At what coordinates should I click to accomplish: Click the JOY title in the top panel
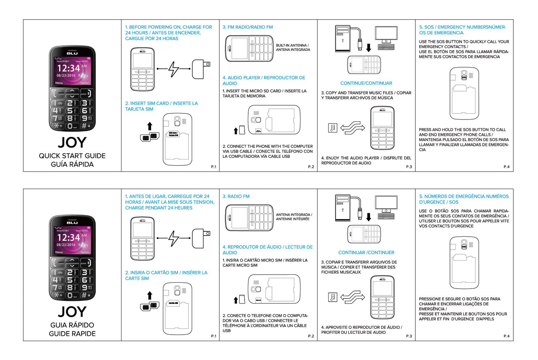click(72, 143)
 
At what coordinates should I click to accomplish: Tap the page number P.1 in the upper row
click(214, 167)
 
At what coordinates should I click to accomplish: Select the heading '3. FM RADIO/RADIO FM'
click(248, 27)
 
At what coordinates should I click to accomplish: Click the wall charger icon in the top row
click(201, 69)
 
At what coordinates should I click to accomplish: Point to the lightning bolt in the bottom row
click(174, 238)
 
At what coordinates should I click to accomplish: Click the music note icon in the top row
click(332, 128)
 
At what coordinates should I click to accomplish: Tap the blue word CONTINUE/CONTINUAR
click(366, 83)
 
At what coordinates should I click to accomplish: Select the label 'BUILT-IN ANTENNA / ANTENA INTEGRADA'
click(293, 48)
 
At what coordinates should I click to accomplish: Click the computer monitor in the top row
click(386, 35)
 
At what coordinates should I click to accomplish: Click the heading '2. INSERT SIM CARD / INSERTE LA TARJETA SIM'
click(161, 106)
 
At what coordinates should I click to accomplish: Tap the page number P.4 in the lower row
click(506, 336)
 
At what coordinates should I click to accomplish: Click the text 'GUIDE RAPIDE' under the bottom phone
click(72, 333)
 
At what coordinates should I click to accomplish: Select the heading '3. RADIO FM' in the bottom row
click(236, 196)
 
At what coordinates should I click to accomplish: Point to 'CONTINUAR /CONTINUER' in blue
click(366, 252)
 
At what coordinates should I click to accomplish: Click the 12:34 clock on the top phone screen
click(69, 68)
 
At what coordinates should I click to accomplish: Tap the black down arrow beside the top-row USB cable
click(369, 48)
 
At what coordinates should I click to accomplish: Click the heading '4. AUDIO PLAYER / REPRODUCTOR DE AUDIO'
click(264, 80)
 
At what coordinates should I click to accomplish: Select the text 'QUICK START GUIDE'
click(72, 156)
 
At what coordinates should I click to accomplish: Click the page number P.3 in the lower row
click(409, 336)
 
